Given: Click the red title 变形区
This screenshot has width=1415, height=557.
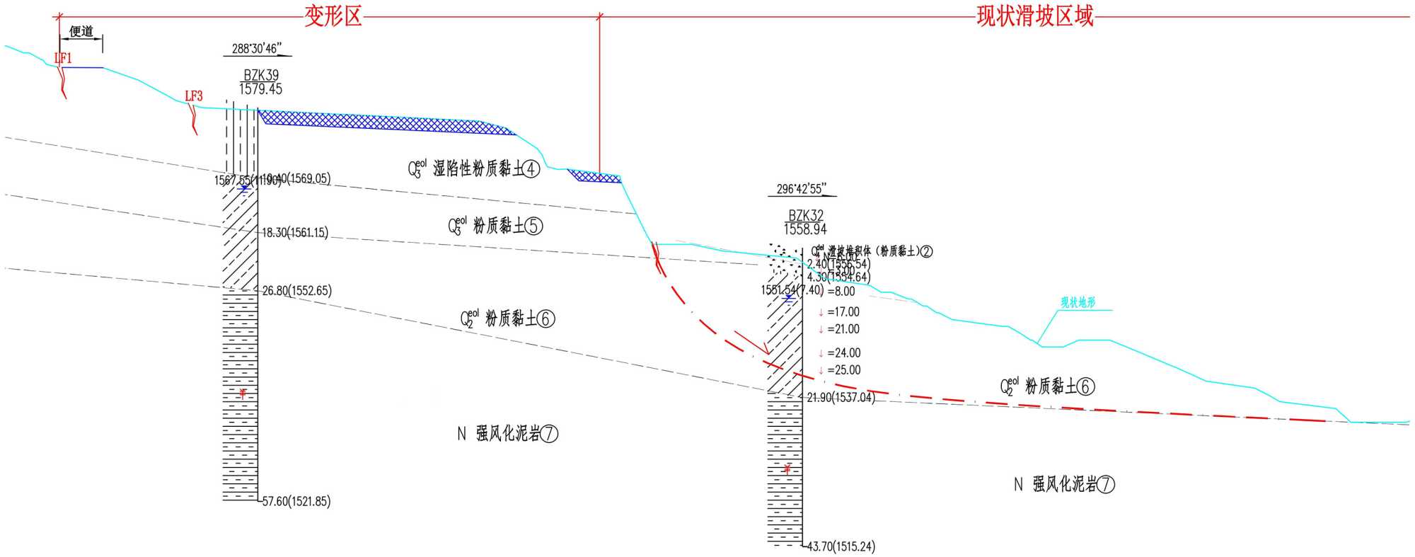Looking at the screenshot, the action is [x=333, y=16].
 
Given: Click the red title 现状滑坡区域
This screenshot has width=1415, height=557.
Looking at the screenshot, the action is [x=1035, y=16].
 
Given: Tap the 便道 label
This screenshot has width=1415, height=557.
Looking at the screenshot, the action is [x=81, y=31].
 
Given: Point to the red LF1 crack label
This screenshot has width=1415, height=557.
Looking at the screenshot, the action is [x=63, y=58].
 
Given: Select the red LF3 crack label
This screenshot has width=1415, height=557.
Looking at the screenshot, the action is [x=194, y=96].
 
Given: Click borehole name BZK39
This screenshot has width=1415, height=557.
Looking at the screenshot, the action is [x=261, y=75].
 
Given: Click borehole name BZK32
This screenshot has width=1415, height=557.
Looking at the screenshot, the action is [x=806, y=215].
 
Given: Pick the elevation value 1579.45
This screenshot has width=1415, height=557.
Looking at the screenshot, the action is [x=260, y=89].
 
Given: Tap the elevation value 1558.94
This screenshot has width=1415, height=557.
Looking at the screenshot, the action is [x=805, y=229].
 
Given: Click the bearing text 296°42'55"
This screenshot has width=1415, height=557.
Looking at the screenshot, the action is [x=801, y=189].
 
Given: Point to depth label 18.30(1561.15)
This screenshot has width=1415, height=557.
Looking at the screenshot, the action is [x=295, y=233].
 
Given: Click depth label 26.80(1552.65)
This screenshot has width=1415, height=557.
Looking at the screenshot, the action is [x=296, y=291].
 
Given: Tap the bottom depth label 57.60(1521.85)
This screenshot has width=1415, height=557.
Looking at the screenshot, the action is [x=296, y=502].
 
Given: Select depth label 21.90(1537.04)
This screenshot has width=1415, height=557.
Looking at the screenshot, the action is [x=841, y=398].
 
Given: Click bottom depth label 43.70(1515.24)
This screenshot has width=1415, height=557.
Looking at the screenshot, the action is [x=841, y=546].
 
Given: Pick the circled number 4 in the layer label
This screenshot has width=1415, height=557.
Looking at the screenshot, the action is [x=531, y=169].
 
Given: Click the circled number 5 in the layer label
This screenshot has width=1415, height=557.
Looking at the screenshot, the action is [x=534, y=226].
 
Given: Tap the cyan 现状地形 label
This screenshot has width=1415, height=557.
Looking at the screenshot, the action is [x=1078, y=303].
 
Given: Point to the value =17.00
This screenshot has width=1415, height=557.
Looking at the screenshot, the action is [x=843, y=312].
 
